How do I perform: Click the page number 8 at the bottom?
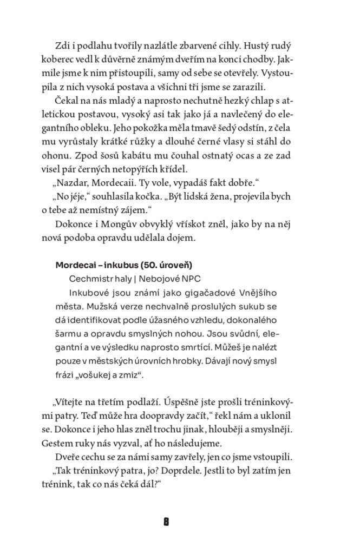click(167, 522)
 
